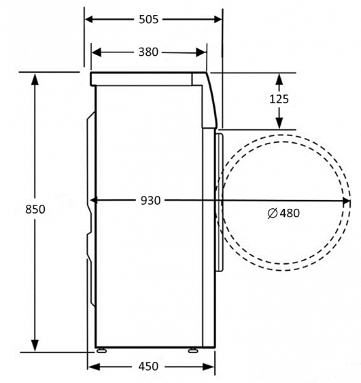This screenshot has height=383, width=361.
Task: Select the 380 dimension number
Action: tap(148, 52)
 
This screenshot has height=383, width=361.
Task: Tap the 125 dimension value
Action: tap(279, 99)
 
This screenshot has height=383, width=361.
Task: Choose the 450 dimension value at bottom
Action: tap(148, 367)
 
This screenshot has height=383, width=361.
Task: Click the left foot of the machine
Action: tap(102, 352)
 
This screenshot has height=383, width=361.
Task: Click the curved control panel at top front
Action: tap(212, 102)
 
